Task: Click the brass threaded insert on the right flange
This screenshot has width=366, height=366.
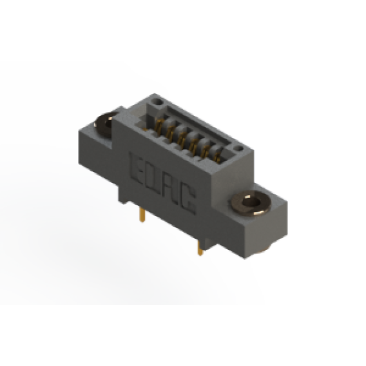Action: [251, 202]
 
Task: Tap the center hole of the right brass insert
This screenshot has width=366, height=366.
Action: [251, 202]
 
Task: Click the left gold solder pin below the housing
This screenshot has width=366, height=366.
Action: [142, 215]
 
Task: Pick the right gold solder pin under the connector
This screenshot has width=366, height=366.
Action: [200, 248]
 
